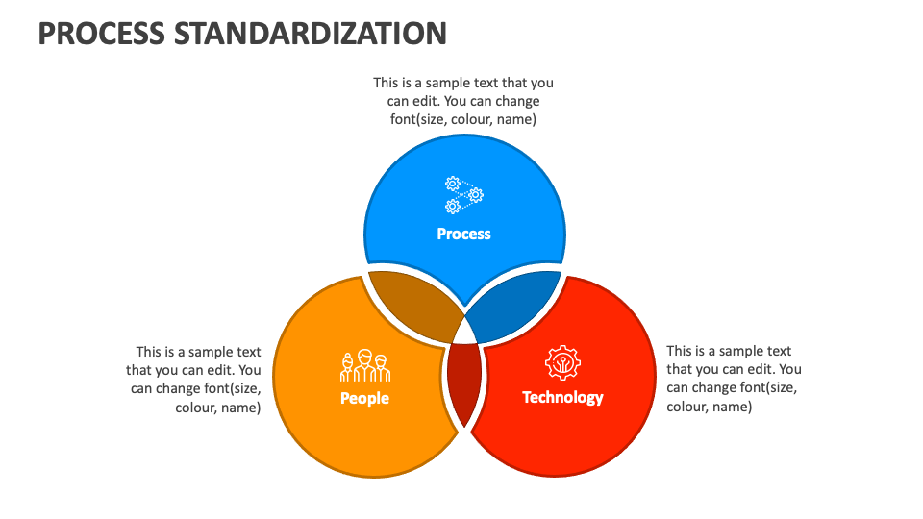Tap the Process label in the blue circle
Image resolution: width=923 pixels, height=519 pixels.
463,234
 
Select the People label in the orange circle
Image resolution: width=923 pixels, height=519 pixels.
364,398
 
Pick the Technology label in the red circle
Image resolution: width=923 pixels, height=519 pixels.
562,397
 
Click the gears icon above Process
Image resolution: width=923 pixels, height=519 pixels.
463,195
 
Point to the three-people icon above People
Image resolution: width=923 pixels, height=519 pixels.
364,367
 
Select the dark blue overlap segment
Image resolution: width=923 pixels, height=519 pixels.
514,303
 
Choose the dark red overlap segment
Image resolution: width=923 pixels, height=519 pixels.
465,380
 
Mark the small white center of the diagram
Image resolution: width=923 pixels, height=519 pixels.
465,332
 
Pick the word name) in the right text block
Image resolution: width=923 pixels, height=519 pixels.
736,407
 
